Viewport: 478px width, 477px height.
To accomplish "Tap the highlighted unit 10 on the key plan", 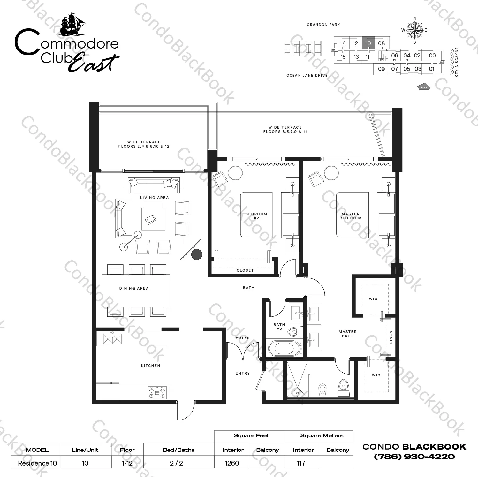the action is pyautogui.click(x=368, y=43).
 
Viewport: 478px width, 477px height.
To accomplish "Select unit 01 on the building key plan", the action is pyautogui.click(x=432, y=69).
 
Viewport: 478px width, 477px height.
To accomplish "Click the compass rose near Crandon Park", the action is pyautogui.click(x=414, y=30).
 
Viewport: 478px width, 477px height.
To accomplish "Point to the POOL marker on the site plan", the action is pyautogui.click(x=424, y=87).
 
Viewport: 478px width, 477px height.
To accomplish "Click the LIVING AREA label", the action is pyautogui.click(x=154, y=198).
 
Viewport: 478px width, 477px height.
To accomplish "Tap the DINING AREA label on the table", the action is pyautogui.click(x=134, y=288).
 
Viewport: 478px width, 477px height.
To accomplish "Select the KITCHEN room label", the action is pyautogui.click(x=151, y=366).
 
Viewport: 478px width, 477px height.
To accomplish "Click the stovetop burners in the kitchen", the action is pyautogui.click(x=158, y=392).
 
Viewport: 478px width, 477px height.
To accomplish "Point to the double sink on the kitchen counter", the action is pyautogui.click(x=112, y=338).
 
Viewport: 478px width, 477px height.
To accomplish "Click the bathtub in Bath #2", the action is pyautogui.click(x=285, y=348).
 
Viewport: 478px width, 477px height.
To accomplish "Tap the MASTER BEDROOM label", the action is pyautogui.click(x=351, y=216).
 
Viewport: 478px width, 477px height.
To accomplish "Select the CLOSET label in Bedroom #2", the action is pyautogui.click(x=245, y=270).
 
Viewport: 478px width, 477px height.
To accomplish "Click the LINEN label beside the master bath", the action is pyautogui.click(x=391, y=337).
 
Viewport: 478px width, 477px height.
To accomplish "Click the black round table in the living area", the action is pyautogui.click(x=197, y=254).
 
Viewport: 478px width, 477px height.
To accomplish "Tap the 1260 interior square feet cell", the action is pyautogui.click(x=232, y=463).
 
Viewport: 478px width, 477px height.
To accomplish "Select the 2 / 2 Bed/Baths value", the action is pyautogui.click(x=176, y=463).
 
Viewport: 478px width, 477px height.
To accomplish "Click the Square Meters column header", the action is pyautogui.click(x=322, y=435).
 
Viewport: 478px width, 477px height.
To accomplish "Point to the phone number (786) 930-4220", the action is pyautogui.click(x=414, y=457).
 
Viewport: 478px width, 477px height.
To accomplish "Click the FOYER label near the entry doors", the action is pyautogui.click(x=243, y=338).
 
